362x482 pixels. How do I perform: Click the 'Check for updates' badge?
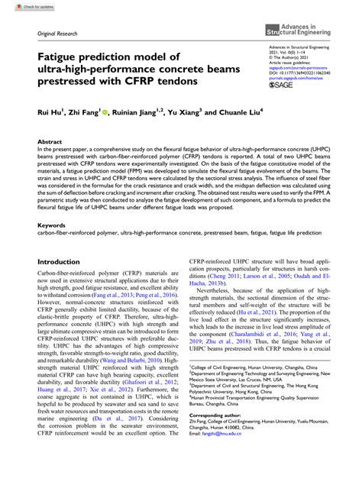(23, 6)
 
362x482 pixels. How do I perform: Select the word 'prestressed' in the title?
(73, 81)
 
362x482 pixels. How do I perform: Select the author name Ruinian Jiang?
(143, 114)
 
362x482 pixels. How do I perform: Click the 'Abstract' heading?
(50, 142)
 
